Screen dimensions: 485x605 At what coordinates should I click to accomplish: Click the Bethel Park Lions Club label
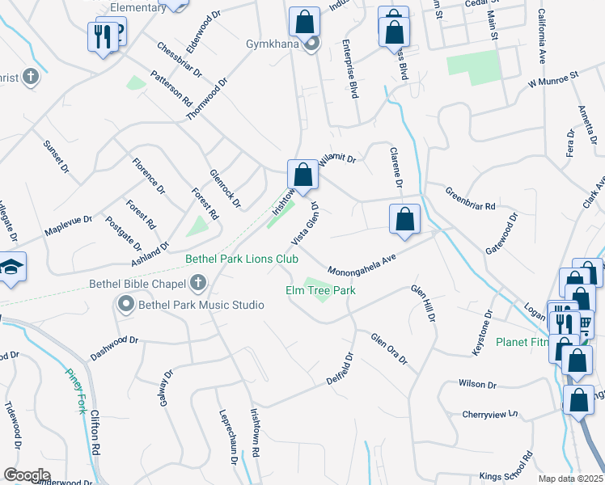pyautogui.click(x=242, y=260)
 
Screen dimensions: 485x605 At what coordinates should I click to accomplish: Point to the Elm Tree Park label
pyautogui.click(x=320, y=290)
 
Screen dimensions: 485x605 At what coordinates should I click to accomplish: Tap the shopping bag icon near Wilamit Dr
pyautogui.click(x=302, y=175)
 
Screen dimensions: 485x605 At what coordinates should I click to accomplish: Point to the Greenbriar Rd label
pyautogui.click(x=470, y=199)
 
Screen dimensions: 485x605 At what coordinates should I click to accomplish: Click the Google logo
pyautogui.click(x=27, y=474)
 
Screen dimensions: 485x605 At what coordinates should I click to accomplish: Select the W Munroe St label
pyautogui.click(x=555, y=79)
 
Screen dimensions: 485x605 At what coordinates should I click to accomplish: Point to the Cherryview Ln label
pyautogui.click(x=489, y=415)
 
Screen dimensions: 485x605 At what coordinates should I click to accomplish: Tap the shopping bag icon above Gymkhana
pyautogui.click(x=304, y=21)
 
